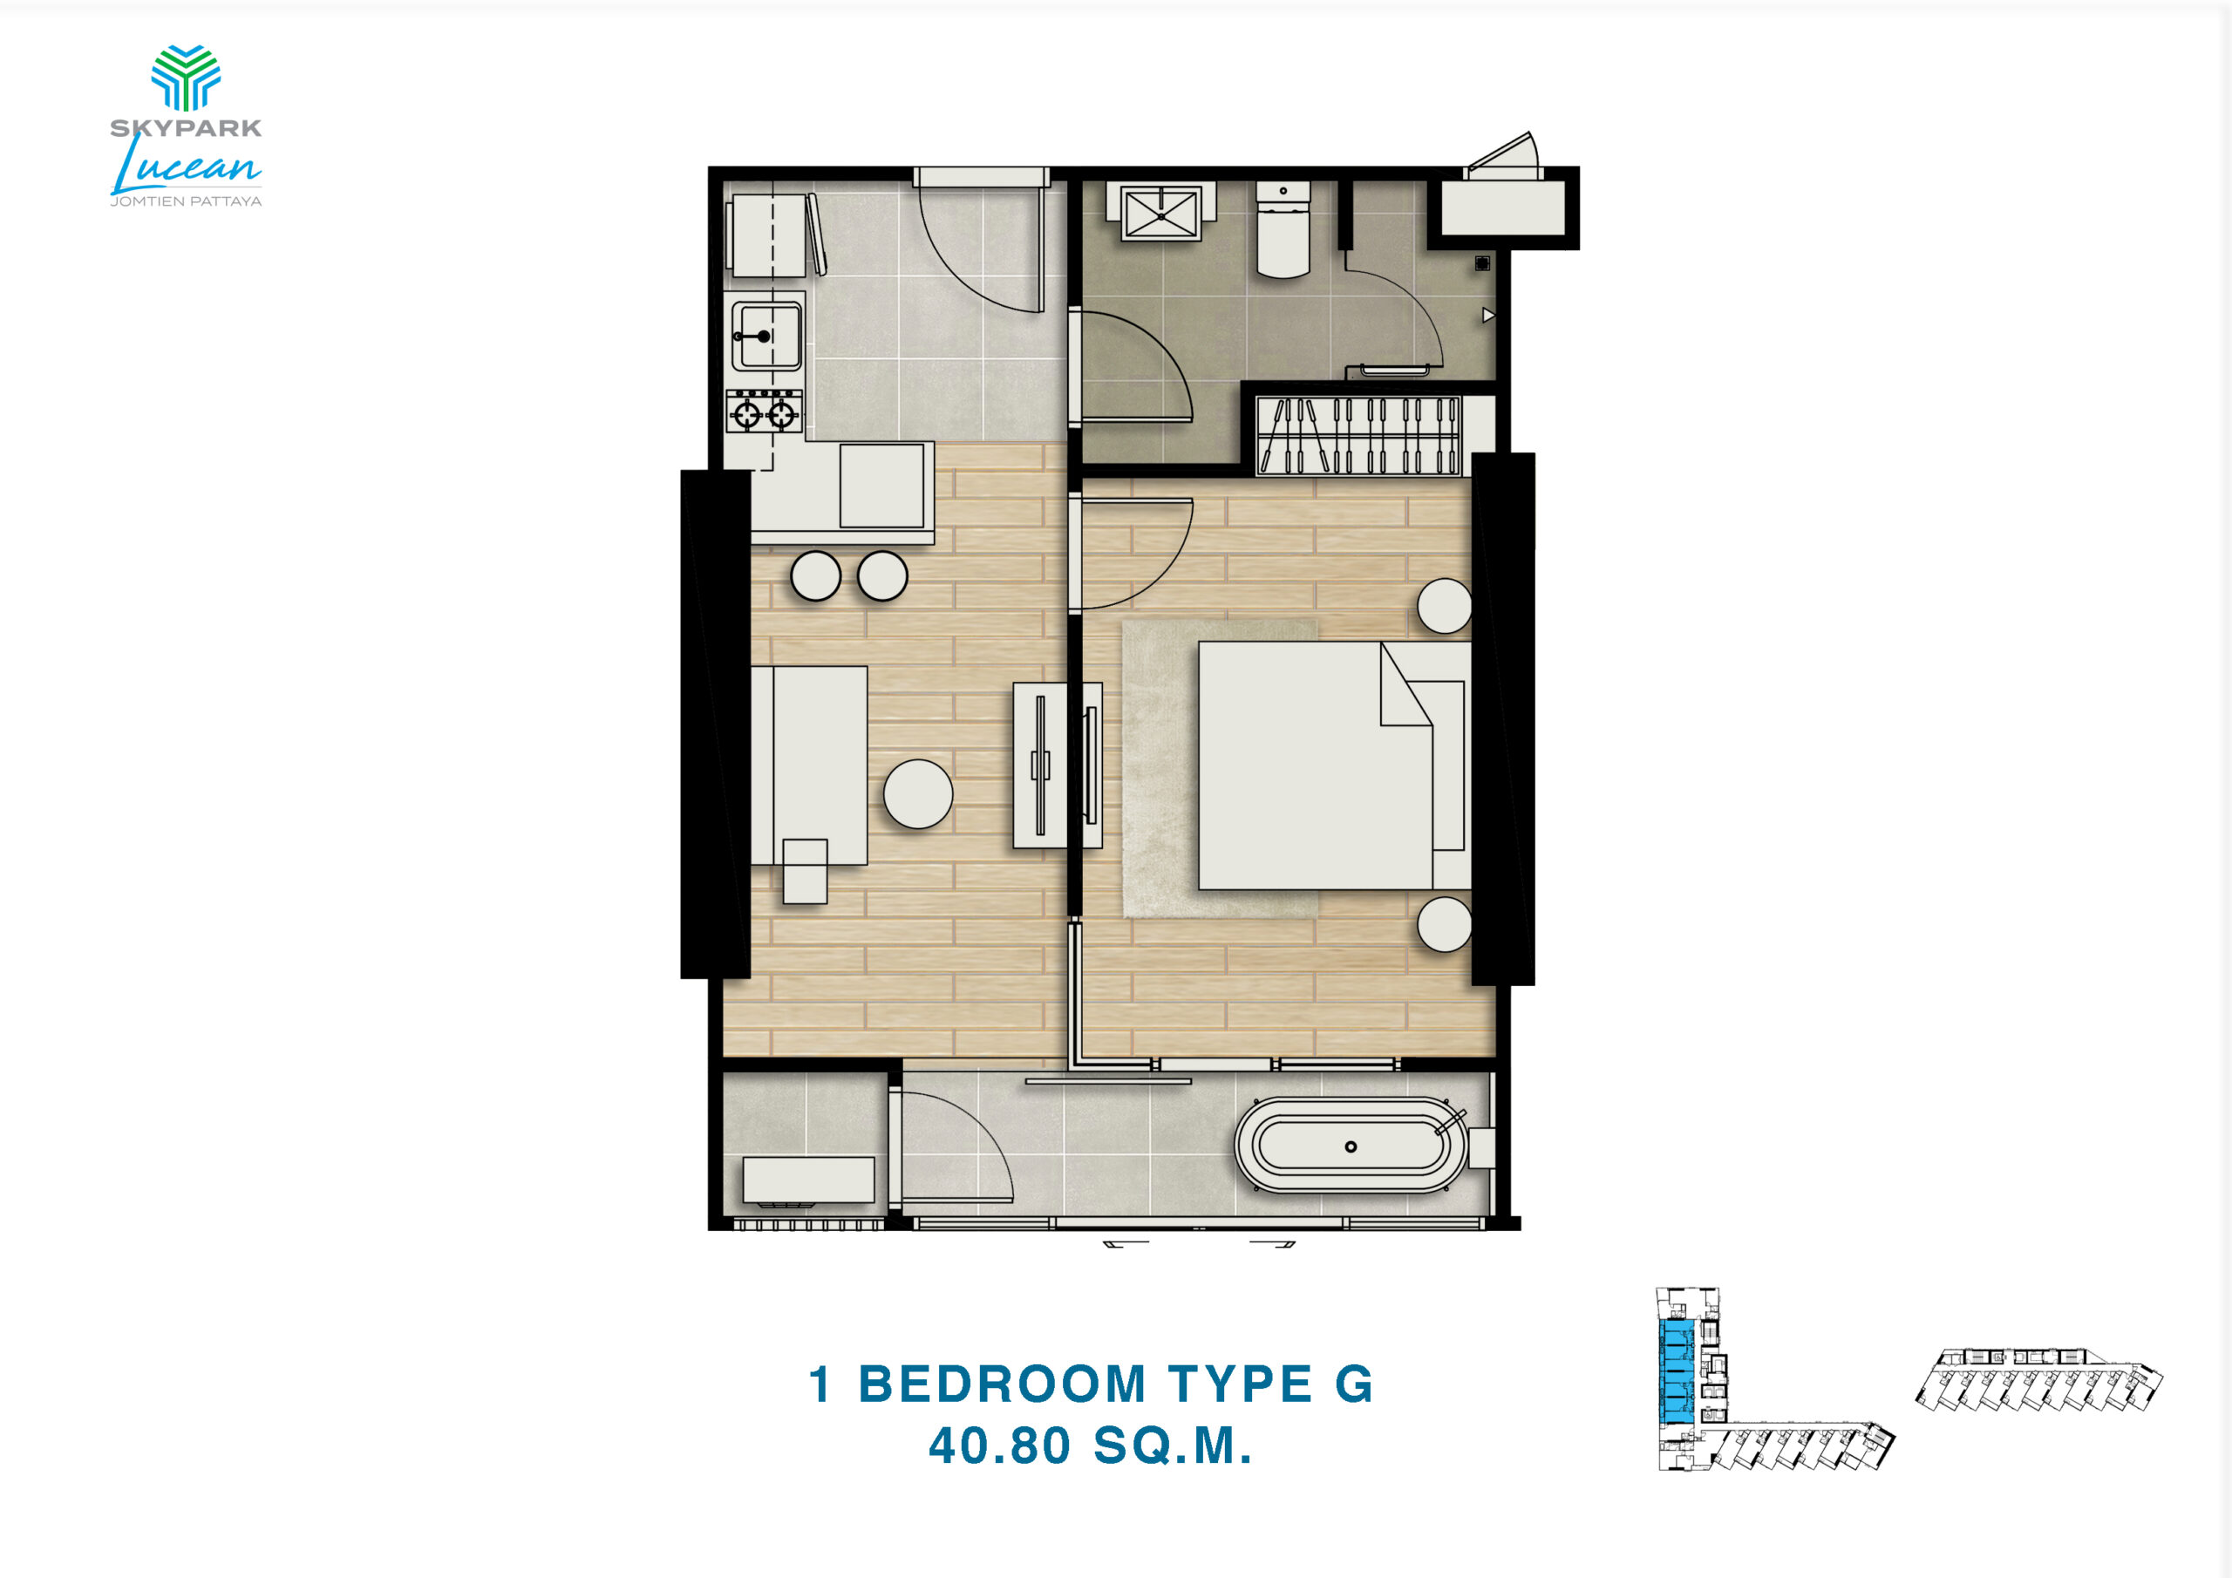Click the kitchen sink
point(767,336)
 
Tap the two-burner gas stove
point(765,412)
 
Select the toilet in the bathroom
point(1283,229)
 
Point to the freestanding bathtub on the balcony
point(1351,1146)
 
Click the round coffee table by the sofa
point(918,793)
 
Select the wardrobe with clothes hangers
point(1359,435)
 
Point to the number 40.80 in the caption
point(999,1445)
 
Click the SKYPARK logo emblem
point(186,77)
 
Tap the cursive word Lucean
point(186,167)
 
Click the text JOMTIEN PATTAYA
point(186,201)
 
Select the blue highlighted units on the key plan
point(1674,1368)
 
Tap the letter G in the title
point(1354,1384)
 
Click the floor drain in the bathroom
point(1482,262)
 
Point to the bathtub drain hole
point(1351,1146)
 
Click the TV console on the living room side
point(1041,765)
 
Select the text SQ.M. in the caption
point(1173,1445)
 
